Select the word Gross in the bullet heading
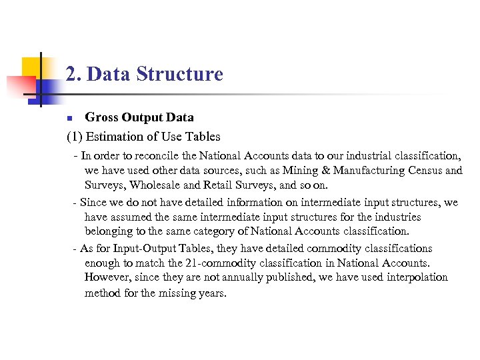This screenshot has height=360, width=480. click(101, 117)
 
